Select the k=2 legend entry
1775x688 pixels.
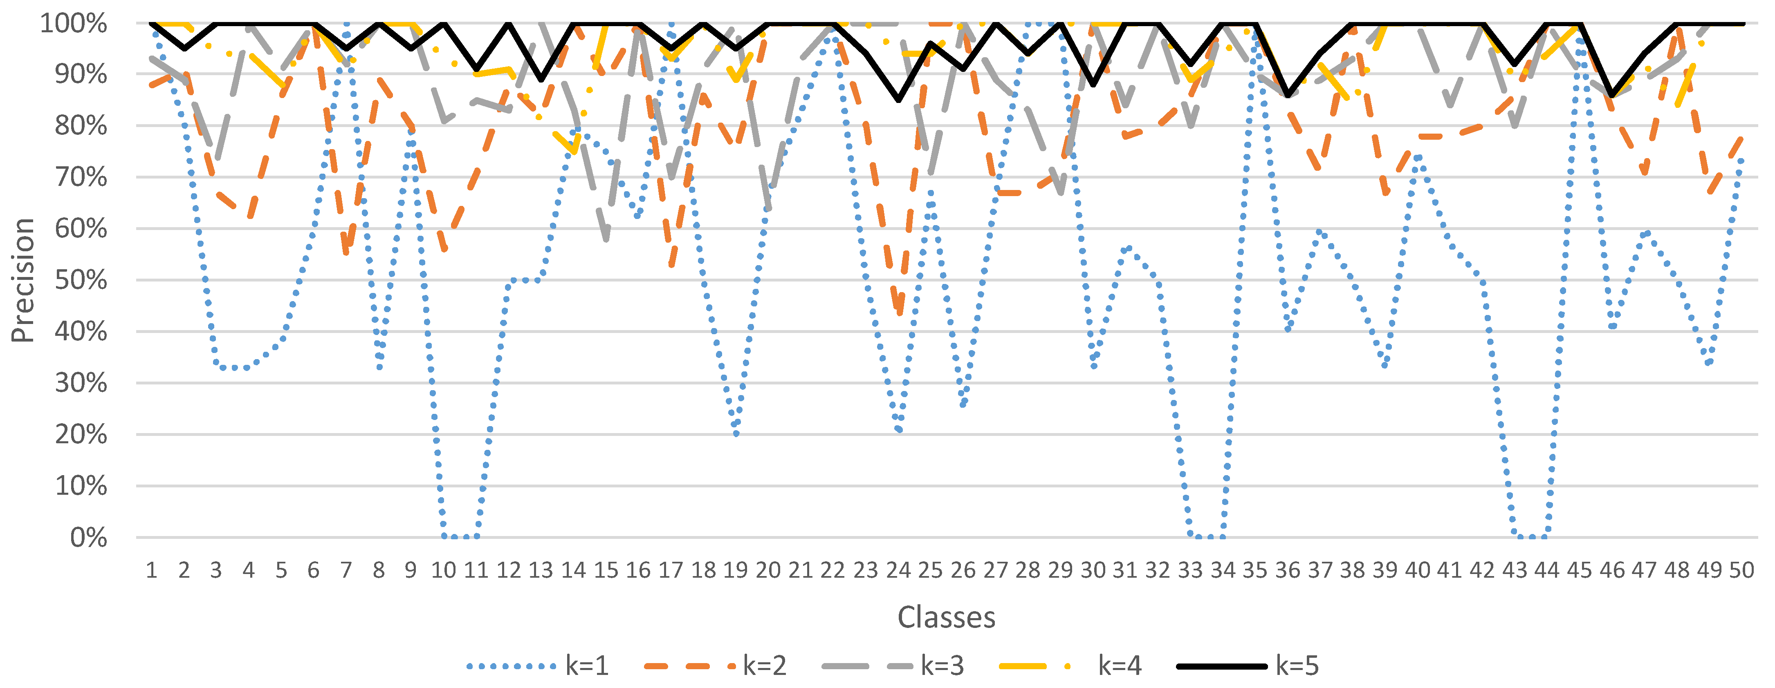(715, 666)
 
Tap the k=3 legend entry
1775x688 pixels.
(893, 666)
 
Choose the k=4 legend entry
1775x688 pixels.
(1070, 666)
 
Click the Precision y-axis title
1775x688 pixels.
(23, 279)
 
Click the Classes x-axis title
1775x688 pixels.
(946, 617)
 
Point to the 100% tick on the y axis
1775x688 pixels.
(74, 23)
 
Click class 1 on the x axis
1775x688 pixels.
(152, 570)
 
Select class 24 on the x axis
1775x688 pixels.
(898, 570)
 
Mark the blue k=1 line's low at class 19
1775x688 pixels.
(736, 433)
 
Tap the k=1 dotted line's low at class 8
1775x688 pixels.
(379, 366)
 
